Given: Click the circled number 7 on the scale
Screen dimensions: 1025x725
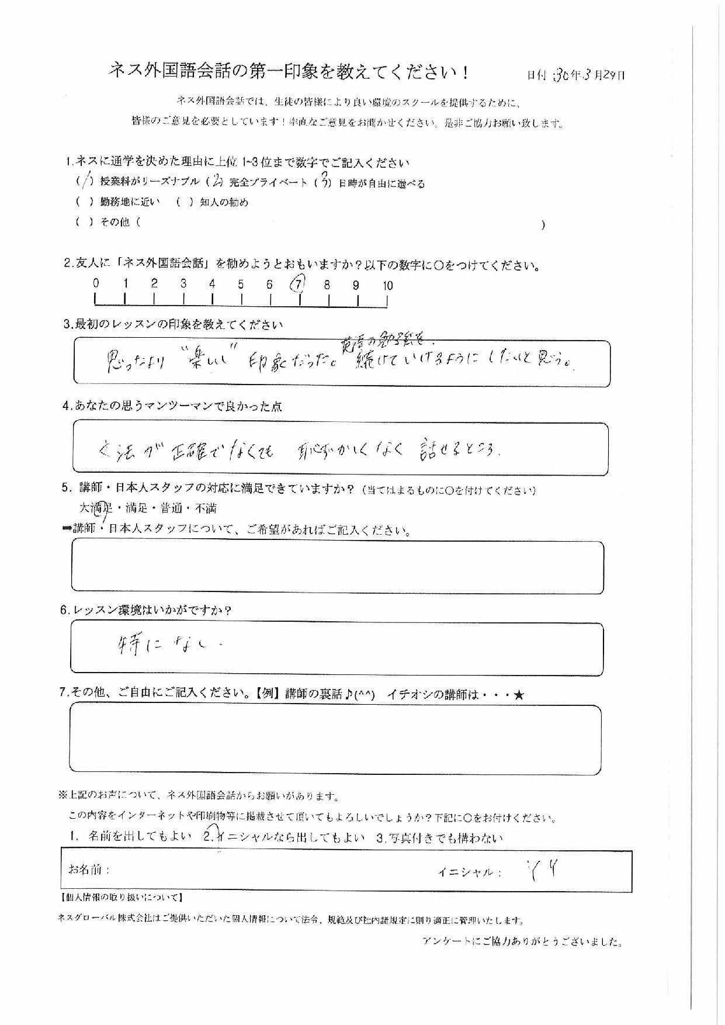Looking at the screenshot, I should [x=298, y=285].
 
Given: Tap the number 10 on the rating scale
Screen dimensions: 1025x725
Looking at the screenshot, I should [x=387, y=286].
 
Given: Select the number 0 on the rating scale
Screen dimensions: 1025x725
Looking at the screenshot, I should [x=96, y=283].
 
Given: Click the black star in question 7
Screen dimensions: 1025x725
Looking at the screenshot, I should [x=520, y=695].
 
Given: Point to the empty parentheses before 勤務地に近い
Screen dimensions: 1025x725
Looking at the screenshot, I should [x=85, y=202].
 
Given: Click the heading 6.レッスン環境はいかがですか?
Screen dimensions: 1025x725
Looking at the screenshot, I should [x=146, y=611].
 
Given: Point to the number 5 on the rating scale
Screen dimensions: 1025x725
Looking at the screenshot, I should [x=241, y=285].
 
